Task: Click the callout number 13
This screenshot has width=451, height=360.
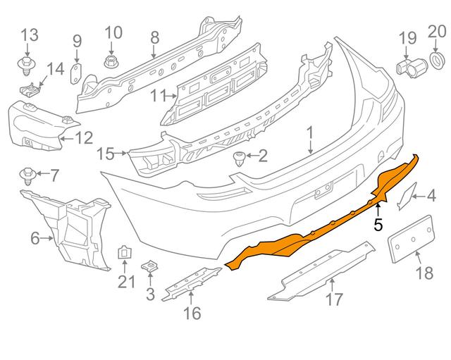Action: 29,33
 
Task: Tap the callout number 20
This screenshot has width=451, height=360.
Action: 437,31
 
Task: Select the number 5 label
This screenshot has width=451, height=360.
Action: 378,225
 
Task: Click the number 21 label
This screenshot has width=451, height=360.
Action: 125,282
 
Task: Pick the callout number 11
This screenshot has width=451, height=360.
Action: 159,95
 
